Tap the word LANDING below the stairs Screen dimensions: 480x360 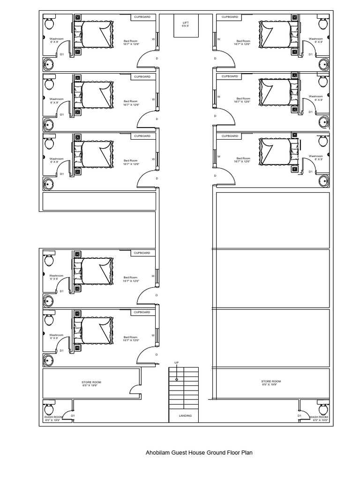pos(185,416)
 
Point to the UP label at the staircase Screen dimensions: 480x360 pos(177,363)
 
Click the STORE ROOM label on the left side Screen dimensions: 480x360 pos(91,384)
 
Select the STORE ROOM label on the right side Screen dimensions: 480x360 pos(271,383)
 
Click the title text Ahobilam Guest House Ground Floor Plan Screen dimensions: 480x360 pos(199,453)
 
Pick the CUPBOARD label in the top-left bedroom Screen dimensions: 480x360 pos(142,17)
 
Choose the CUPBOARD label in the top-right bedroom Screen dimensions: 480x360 pos(230,17)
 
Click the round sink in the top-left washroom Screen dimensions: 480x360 pos(49,64)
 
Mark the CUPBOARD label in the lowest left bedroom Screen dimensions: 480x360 pos(142,312)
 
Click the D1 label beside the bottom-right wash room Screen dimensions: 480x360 pos(299,415)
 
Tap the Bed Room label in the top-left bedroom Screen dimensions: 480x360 pos(130,42)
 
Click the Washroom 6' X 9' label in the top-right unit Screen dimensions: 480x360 pos(315,40)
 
